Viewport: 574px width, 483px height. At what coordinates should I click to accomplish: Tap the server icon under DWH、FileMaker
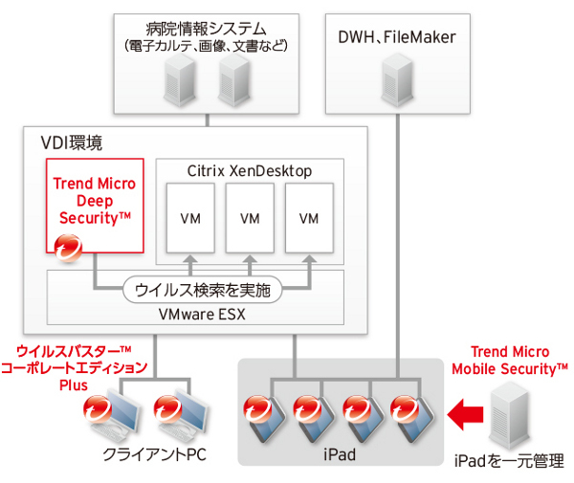pos(396,79)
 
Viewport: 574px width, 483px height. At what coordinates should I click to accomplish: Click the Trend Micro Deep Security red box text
pos(95,201)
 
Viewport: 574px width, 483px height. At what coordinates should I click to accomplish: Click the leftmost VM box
pos(191,219)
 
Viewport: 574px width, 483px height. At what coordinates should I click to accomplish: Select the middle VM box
pos(250,219)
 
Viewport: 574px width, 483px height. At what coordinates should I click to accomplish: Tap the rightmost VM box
pos(308,219)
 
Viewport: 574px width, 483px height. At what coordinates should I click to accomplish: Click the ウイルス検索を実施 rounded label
pos(202,289)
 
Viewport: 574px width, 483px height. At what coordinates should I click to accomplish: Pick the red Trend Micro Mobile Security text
pos(510,361)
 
